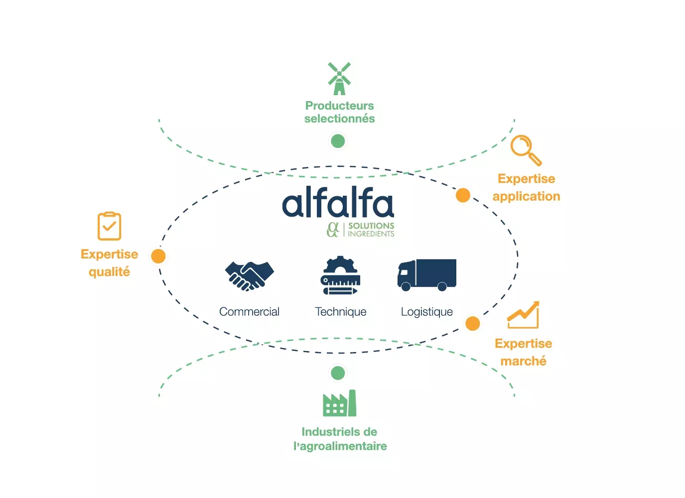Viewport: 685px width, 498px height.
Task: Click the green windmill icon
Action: click(339, 79)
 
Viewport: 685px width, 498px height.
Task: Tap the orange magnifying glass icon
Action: click(526, 149)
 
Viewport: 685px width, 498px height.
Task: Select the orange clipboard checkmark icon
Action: click(109, 226)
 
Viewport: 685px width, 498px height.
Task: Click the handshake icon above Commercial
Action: click(249, 275)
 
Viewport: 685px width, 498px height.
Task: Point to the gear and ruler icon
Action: click(340, 275)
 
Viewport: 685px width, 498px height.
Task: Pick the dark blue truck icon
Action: click(427, 274)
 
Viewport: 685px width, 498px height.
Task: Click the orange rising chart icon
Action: click(523, 315)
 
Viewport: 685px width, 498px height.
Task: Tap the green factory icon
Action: click(339, 403)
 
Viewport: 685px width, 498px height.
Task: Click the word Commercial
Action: click(249, 312)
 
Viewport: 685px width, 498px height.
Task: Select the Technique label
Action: click(341, 312)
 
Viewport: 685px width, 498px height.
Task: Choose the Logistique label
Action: click(427, 312)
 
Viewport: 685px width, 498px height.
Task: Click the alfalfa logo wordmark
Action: click(338, 203)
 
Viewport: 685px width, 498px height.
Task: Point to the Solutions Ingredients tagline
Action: click(371, 230)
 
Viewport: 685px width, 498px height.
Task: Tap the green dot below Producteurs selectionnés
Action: click(338, 141)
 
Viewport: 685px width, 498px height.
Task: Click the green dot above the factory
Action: click(338, 373)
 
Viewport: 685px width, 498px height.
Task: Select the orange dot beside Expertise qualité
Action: click(158, 256)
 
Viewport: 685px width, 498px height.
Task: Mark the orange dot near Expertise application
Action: click(463, 195)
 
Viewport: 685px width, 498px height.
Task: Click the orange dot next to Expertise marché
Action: click(472, 323)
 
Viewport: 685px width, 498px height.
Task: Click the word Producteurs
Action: click(339, 106)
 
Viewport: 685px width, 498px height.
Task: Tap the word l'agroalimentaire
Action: click(340, 446)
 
